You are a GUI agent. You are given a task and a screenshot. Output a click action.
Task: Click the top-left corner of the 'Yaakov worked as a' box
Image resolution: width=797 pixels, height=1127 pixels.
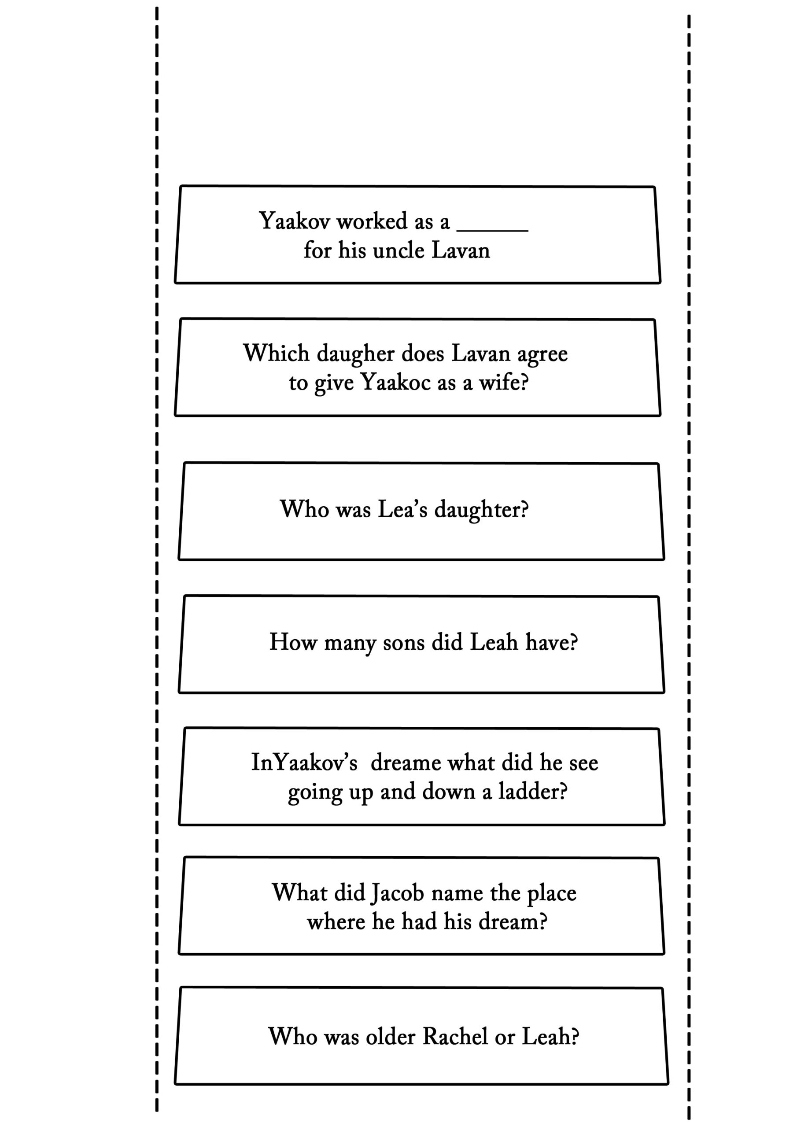[181, 186]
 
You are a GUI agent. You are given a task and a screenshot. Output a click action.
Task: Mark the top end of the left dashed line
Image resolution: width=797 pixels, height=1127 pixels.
[157, 7]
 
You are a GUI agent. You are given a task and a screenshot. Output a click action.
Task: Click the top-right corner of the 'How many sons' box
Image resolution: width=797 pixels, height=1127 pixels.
[658, 597]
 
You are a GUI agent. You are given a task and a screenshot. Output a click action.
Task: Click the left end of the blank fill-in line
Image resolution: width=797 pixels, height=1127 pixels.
[457, 230]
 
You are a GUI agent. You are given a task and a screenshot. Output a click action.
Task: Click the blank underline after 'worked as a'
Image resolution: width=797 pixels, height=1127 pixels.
[493, 230]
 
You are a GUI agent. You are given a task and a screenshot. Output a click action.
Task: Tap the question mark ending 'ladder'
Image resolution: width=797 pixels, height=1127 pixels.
[563, 791]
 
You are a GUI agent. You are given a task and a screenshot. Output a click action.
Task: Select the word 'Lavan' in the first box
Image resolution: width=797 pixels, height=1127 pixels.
[461, 250]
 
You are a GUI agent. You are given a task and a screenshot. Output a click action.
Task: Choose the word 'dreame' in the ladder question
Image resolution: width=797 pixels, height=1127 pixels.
[406, 763]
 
